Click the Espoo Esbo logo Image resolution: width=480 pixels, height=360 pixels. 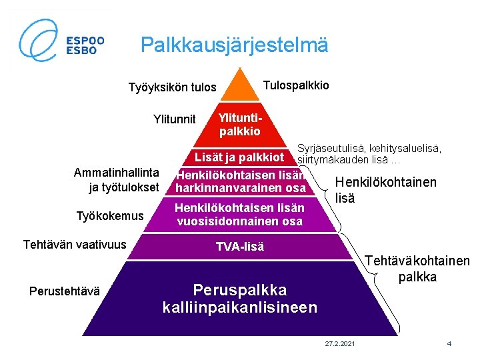click(61, 39)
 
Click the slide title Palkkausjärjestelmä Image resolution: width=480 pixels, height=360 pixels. click(235, 45)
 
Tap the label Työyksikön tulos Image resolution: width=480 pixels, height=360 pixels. click(172, 87)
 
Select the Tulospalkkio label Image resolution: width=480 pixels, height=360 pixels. click(296, 85)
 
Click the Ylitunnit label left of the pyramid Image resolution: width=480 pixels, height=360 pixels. click(175, 119)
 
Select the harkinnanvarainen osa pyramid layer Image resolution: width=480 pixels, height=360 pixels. click(240, 182)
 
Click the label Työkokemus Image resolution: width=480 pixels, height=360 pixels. click(110, 215)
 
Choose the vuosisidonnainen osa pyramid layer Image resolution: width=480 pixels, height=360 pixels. click(240, 215)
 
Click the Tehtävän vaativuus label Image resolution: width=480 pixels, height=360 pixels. click(75, 245)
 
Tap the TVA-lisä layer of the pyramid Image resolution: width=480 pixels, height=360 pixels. click(240, 247)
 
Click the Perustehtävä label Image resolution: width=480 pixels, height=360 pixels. click(65, 291)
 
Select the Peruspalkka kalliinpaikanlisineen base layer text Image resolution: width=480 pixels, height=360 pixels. click(240, 299)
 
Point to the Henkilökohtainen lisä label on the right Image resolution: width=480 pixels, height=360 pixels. click(385, 190)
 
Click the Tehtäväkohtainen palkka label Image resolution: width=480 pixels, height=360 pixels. click(417, 270)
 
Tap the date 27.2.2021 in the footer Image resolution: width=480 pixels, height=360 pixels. click(340, 343)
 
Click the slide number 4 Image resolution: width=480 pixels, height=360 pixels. click(449, 343)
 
